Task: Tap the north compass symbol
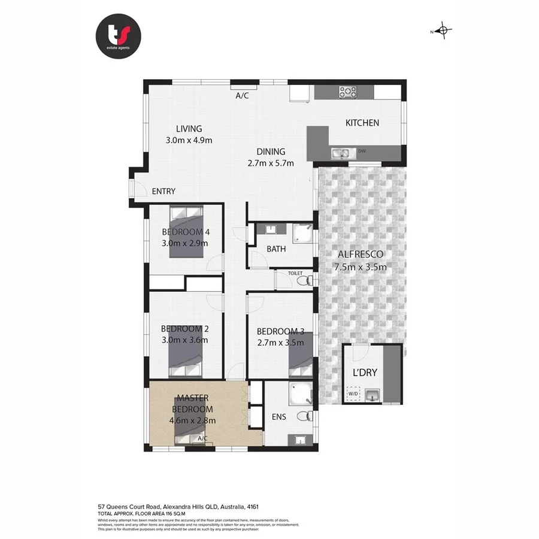(443, 31)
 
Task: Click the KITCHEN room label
(362, 123)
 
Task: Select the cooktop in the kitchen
(348, 92)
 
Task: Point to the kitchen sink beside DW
(340, 153)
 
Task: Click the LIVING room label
(189, 129)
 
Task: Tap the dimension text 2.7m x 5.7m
(271, 163)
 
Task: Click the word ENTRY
(163, 192)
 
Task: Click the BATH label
(276, 249)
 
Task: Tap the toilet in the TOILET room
(305, 279)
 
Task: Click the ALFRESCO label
(360, 255)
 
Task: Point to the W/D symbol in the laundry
(353, 394)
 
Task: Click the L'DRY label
(364, 373)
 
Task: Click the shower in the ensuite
(299, 393)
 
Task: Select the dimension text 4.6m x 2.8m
(193, 420)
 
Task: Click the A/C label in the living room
(242, 96)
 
